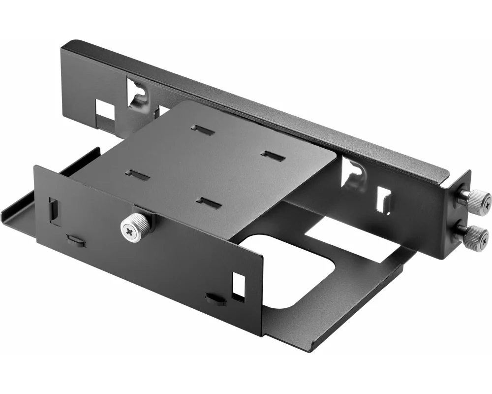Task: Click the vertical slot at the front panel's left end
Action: [x=54, y=209]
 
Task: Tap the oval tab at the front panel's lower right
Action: [x=215, y=298]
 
